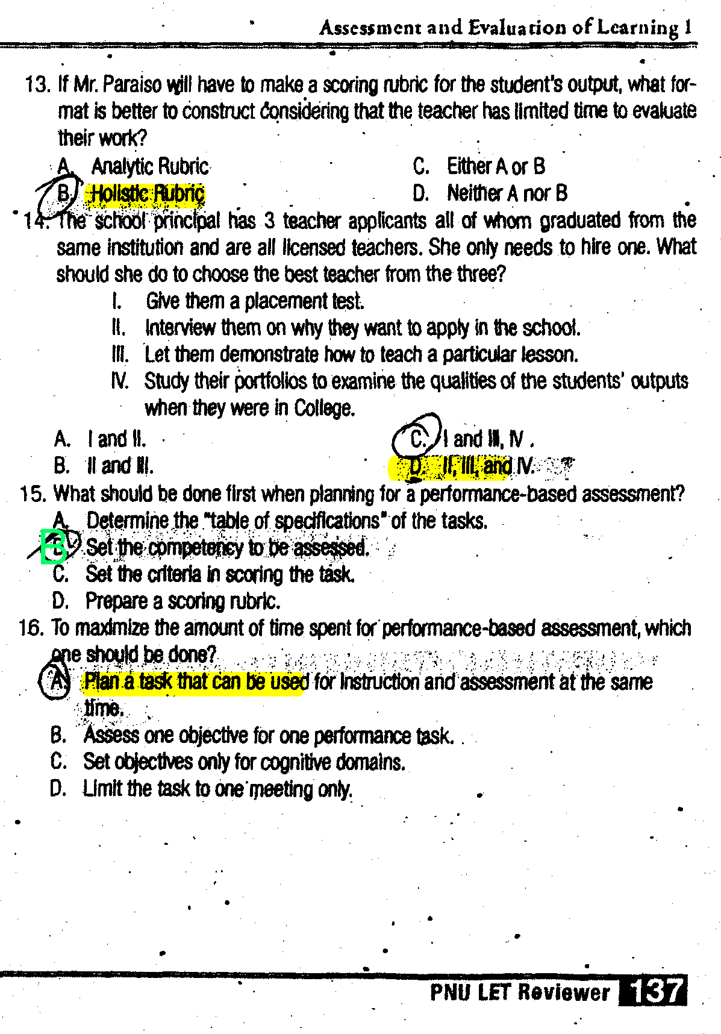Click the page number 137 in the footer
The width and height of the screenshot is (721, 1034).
pyautogui.click(x=654, y=991)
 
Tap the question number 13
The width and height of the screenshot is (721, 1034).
pyautogui.click(x=37, y=84)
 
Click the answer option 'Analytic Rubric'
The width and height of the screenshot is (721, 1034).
pyautogui.click(x=149, y=166)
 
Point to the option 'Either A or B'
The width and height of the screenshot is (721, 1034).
pyautogui.click(x=496, y=166)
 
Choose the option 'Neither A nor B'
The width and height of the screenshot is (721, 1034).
pyautogui.click(x=507, y=193)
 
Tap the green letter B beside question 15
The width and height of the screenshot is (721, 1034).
pyautogui.click(x=54, y=547)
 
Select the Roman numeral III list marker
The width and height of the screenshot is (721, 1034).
pyautogui.click(x=120, y=354)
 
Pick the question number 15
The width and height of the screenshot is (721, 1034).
pyautogui.click(x=32, y=494)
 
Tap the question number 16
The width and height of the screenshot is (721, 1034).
pyautogui.click(x=31, y=628)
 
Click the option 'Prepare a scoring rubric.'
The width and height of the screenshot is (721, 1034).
pyautogui.click(x=183, y=601)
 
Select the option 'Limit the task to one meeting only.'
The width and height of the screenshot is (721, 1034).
pyautogui.click(x=217, y=789)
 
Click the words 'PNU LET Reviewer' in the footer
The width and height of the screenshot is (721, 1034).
pyautogui.click(x=520, y=992)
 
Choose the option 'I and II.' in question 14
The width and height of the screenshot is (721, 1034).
pyautogui.click(x=116, y=439)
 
